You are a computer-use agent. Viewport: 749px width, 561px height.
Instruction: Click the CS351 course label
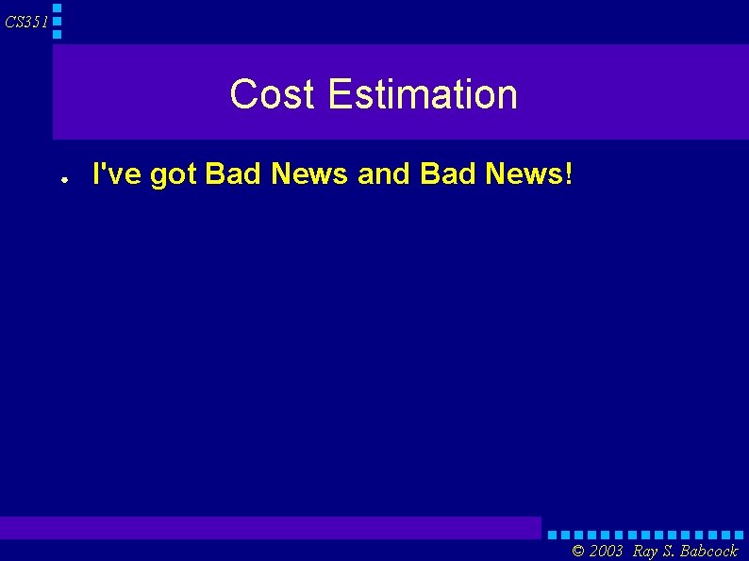tap(25, 22)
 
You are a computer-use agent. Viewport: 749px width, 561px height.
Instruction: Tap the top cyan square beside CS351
tap(57, 8)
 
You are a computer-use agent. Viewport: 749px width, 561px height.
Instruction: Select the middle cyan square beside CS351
tap(57, 21)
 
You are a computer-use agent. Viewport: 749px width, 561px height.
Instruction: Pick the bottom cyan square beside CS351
tap(57, 34)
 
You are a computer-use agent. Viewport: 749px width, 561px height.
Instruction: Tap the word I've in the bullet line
tap(111, 173)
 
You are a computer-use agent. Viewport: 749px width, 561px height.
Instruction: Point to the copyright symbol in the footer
tap(578, 551)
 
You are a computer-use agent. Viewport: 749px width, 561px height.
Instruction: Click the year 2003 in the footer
tap(607, 551)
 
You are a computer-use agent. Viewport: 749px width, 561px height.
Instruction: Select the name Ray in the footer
tap(646, 551)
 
